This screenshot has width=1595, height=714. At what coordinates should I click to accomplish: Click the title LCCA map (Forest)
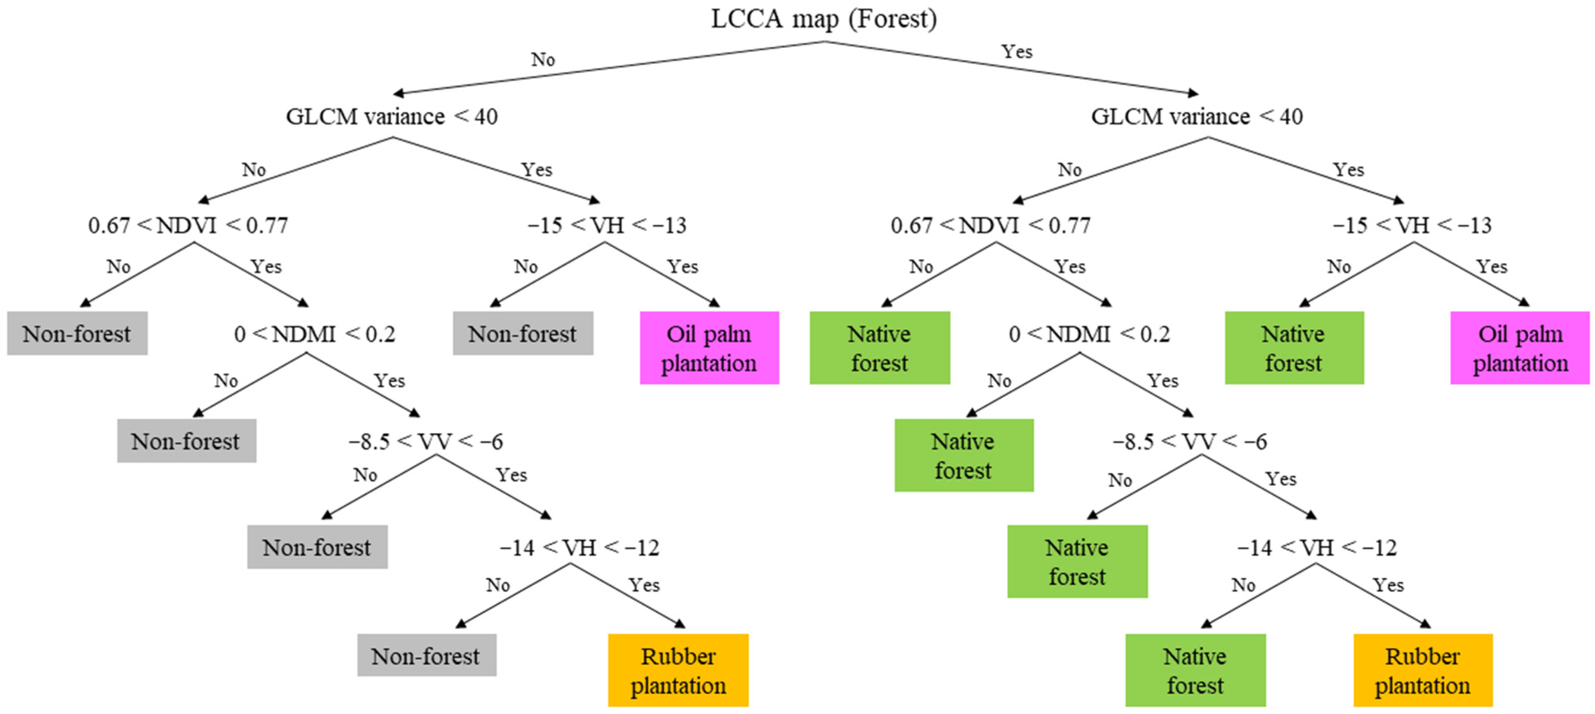823,19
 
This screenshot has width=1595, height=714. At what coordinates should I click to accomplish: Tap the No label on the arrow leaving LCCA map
543,59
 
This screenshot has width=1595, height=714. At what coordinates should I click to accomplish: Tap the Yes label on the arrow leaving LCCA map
1017,51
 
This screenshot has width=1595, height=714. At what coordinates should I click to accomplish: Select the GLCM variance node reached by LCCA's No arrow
391,116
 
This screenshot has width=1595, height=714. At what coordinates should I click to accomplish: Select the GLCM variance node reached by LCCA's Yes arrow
1196,116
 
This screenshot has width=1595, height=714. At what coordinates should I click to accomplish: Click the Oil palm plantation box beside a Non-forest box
709,348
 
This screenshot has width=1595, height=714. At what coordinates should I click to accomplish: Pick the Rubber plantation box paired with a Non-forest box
678,670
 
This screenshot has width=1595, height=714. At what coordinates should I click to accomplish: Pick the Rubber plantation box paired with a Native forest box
1422,670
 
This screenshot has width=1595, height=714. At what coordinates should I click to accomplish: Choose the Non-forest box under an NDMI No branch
187,441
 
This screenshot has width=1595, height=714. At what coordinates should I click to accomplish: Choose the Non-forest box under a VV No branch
317,547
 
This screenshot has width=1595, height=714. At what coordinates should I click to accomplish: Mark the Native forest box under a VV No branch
1077,562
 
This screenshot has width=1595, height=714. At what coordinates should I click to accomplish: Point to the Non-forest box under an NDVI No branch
77,333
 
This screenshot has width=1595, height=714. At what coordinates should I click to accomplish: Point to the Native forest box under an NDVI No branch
879,348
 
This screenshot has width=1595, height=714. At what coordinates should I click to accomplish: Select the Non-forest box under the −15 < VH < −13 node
523,333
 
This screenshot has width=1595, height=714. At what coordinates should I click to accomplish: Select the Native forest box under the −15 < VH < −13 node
1293,348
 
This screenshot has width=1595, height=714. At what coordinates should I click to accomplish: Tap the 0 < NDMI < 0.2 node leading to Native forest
1089,334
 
